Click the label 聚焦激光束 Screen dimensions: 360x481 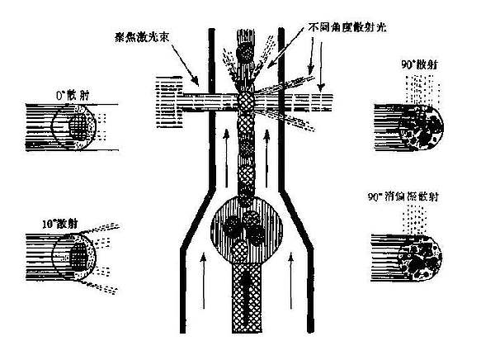[x=146, y=38]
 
